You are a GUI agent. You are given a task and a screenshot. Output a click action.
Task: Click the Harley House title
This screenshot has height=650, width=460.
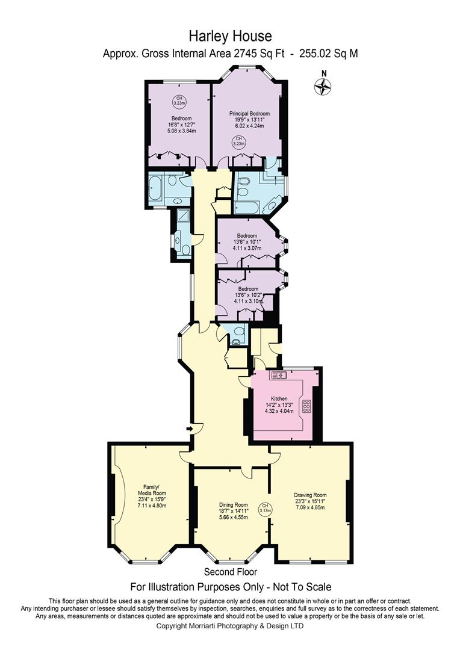point(230,36)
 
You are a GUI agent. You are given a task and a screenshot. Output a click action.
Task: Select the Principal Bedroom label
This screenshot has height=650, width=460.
point(250,114)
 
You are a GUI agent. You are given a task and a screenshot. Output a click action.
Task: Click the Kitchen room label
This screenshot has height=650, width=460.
point(279,398)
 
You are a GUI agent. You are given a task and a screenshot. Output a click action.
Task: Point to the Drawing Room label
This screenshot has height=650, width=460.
point(310,495)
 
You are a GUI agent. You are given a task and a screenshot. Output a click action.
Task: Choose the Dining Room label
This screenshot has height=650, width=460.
point(234,505)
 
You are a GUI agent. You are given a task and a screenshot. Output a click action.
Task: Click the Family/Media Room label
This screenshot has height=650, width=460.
point(152,490)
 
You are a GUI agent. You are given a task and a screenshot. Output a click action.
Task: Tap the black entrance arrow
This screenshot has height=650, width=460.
point(190,429)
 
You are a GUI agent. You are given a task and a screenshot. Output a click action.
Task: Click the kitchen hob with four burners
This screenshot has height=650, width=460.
point(307,406)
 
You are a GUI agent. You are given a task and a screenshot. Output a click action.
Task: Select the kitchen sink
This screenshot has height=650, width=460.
point(279,375)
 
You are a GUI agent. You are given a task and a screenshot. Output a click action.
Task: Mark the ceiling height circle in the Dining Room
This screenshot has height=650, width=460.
point(265,508)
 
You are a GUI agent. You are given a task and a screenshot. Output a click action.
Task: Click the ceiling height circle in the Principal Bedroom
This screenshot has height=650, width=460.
point(238,141)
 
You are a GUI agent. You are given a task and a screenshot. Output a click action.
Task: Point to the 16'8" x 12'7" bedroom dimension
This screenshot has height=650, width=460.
point(181,125)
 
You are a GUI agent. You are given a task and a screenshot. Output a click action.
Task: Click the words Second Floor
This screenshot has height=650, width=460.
point(230,572)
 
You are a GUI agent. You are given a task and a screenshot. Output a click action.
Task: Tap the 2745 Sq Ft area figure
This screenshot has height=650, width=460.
point(259,54)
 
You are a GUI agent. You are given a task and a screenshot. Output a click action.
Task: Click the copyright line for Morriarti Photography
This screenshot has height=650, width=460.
point(230,626)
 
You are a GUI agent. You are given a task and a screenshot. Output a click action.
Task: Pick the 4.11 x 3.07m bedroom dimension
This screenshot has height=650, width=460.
point(247,249)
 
